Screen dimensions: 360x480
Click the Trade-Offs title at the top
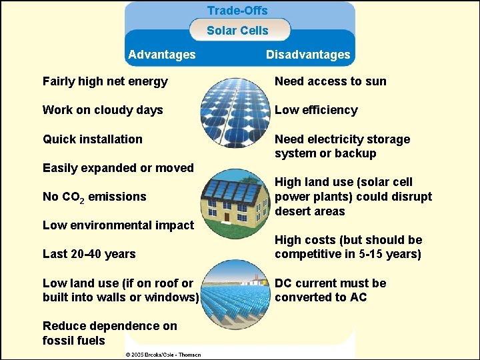coord(237,11)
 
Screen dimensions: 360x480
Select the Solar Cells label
coord(237,31)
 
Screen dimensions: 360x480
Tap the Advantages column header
coord(162,55)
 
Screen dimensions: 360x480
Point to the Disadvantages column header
coord(308,55)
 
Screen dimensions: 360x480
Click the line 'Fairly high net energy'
coord(105,82)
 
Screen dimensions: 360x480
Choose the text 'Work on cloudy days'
coord(103,111)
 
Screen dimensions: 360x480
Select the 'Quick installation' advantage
coord(93,139)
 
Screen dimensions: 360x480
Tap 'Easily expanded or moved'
coord(118,168)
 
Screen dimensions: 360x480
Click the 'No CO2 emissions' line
coord(94,197)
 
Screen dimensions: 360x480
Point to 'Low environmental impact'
coord(118,225)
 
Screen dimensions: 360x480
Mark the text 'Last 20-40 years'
coord(89,254)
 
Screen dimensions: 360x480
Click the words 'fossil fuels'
coord(74,341)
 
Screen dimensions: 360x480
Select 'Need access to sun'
coord(331,82)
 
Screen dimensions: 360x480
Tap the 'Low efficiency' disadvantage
coord(316,111)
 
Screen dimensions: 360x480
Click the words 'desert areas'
coord(310,211)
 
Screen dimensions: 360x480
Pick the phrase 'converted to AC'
coord(321,298)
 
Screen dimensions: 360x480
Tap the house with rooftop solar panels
coord(237,200)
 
